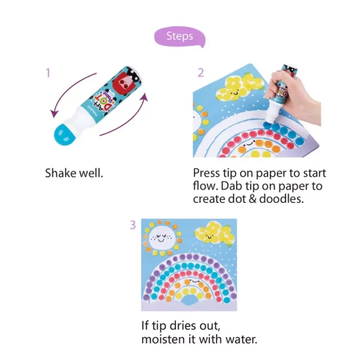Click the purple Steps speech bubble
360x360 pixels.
pos(179,37)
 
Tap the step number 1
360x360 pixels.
pos(48,73)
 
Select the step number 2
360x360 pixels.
pos(200,73)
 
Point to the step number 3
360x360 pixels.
pos(133,225)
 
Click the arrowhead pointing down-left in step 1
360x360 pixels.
pos(54,114)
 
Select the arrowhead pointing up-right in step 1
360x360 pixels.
pos(145,98)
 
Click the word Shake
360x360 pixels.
pos(61,173)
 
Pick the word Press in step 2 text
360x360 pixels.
pos(206,173)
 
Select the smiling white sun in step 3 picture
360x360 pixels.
pos(161,238)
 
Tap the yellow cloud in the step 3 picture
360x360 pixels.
pos(214,234)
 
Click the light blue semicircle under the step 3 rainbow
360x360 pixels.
pos(190,300)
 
